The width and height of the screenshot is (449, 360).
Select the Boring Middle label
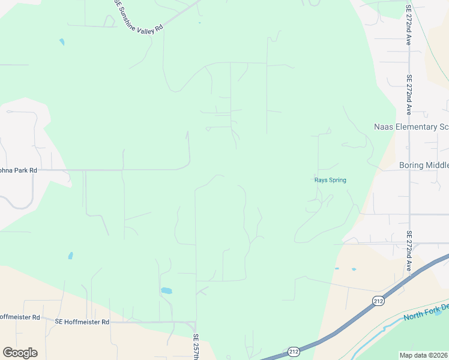[424, 165]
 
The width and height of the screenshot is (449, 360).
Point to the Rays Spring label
[330, 179]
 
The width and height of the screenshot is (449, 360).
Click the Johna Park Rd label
[18, 170]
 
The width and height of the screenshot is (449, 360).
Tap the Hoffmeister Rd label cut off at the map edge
[19, 317]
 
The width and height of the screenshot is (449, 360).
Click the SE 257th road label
[196, 347]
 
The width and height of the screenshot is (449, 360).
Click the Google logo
[20, 353]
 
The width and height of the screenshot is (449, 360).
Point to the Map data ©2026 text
[424, 355]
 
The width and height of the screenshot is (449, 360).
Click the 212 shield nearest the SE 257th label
[293, 351]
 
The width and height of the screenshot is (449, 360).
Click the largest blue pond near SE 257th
[166, 291]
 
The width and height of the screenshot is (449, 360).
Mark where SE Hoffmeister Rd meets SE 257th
[196, 322]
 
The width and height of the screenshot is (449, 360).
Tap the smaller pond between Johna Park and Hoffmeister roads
[70, 256]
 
